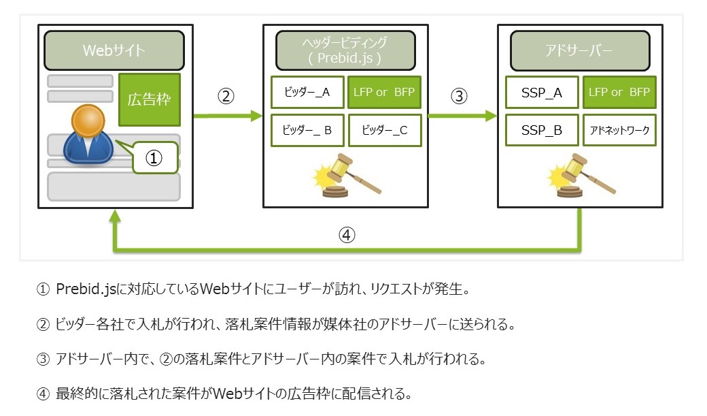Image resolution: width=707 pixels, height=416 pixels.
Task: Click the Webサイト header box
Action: click(x=114, y=50)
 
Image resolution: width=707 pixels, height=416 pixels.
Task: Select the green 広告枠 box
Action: click(x=150, y=99)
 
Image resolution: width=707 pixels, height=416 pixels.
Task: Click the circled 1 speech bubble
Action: click(x=154, y=158)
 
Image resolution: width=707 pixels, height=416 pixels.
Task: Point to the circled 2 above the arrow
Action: click(x=226, y=96)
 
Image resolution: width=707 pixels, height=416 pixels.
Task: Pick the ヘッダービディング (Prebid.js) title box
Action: click(x=345, y=50)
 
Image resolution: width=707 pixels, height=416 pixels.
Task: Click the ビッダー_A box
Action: click(x=307, y=92)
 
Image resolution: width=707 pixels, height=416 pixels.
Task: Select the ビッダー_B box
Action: click(x=307, y=131)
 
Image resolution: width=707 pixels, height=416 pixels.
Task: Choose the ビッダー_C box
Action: click(x=385, y=131)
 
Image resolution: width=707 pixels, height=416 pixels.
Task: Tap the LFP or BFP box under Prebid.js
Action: click(x=384, y=92)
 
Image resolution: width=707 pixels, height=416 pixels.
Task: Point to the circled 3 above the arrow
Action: click(x=459, y=96)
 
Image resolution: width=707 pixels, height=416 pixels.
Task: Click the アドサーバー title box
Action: click(x=580, y=50)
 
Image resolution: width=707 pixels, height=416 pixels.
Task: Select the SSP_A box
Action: click(x=542, y=93)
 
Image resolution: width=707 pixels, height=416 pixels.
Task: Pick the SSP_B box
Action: click(x=542, y=131)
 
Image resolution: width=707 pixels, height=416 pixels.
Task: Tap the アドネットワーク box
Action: click(x=619, y=131)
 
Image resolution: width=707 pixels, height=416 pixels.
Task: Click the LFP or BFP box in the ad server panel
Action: click(x=619, y=92)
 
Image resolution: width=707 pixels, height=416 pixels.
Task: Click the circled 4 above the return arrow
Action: click(x=347, y=235)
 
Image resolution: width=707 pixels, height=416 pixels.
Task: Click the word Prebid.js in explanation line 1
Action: click(x=86, y=289)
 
